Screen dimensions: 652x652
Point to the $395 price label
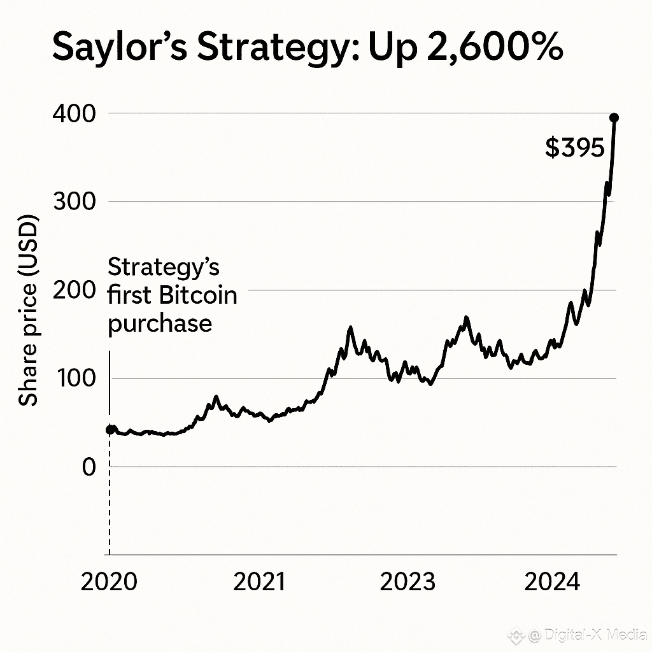tap(574, 148)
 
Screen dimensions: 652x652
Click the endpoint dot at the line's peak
tap(614, 117)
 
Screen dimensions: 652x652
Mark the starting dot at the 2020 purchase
tap(110, 430)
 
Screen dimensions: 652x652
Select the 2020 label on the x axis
tap(109, 582)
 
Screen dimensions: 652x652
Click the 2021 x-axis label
tap(259, 582)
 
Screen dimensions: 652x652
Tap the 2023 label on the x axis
tap(407, 582)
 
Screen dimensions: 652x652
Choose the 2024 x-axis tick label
tap(552, 582)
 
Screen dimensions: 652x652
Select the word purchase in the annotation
tap(160, 324)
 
